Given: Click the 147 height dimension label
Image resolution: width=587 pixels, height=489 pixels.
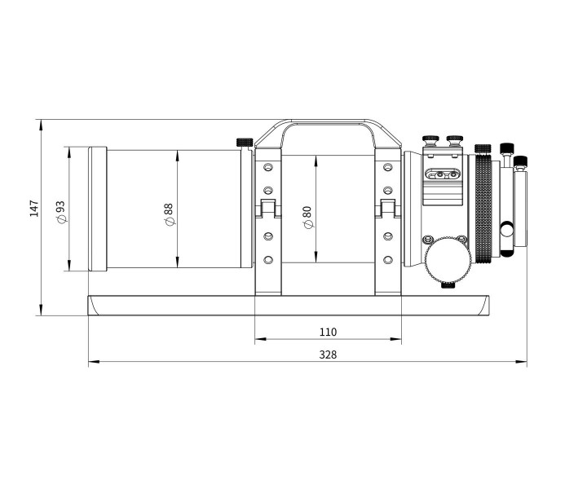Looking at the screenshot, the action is (34, 209).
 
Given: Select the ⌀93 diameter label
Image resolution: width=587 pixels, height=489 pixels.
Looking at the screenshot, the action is (60, 213).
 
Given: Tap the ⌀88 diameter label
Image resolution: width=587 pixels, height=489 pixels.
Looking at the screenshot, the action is (169, 215).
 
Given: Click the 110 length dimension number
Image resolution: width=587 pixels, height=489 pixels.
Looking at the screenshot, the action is (328, 332).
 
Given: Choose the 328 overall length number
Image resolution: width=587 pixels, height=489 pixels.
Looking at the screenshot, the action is (328, 355).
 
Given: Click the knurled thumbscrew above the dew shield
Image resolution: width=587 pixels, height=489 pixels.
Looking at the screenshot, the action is (245, 143).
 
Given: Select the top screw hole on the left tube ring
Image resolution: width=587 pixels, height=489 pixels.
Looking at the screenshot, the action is (268, 167).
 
